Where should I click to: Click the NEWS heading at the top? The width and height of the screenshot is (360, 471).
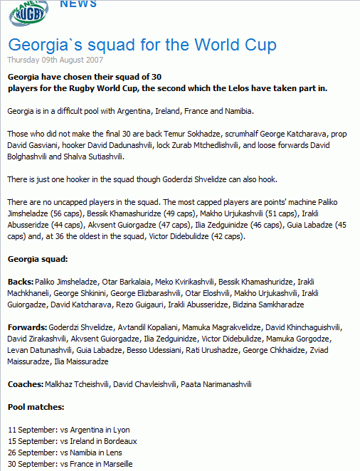coord(78,5)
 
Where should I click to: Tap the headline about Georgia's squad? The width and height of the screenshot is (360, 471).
coord(142,45)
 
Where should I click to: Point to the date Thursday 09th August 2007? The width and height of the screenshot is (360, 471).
coord(50,59)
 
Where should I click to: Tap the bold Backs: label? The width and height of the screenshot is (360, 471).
coord(19,282)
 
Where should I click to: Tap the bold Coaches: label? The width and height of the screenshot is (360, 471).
coord(25,384)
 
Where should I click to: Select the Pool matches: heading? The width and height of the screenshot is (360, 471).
coord(36,407)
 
